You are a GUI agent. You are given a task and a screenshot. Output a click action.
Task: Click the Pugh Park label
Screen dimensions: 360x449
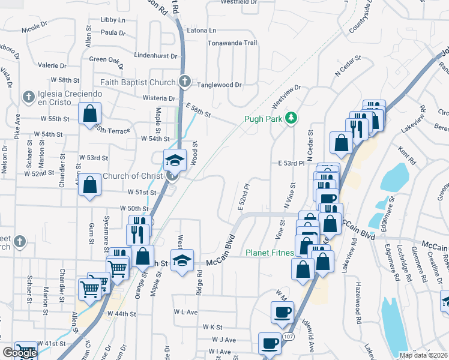(x=263, y=118)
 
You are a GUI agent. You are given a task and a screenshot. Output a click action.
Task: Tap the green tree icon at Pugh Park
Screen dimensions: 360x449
(x=291, y=118)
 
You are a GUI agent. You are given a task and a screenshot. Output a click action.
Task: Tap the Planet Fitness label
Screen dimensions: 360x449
(x=270, y=253)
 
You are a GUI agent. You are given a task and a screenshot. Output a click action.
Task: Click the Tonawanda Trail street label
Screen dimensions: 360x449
(x=232, y=43)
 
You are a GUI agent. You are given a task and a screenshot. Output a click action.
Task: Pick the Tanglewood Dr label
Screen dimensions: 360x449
(x=220, y=85)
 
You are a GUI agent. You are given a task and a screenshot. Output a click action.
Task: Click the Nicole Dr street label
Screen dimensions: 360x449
(x=34, y=28)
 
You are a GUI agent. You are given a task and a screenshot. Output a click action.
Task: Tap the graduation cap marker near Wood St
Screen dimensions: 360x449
(x=175, y=160)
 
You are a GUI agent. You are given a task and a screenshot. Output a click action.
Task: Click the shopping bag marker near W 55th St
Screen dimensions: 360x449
(x=89, y=112)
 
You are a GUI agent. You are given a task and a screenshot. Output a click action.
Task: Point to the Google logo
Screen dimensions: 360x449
(x=20, y=353)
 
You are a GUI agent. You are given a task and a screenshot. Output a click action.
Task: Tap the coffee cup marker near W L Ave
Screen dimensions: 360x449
(x=282, y=311)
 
